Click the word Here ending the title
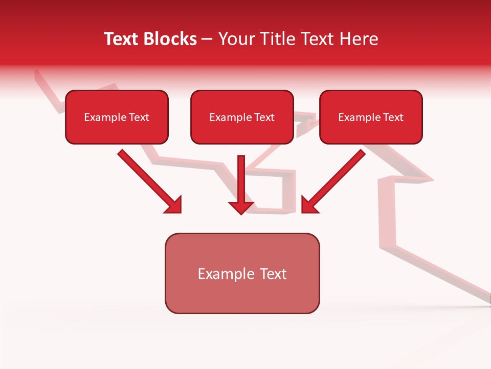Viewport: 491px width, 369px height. coord(360,39)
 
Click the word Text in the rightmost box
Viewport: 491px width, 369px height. coord(393,117)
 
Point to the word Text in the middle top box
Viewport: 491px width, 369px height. coord(264,117)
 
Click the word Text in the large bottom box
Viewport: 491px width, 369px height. coord(273,274)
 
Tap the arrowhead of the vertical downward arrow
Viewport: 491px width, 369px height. coord(241,207)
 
